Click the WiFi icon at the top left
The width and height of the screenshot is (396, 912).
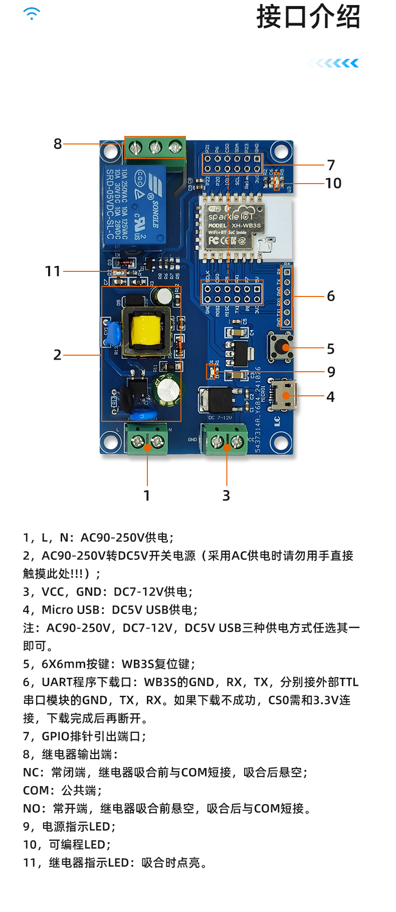click(x=32, y=14)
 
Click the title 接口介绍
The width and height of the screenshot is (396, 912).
click(x=308, y=17)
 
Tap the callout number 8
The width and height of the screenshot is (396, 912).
click(x=58, y=144)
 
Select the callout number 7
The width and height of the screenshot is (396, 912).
click(x=331, y=165)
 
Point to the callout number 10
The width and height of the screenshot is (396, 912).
click(x=333, y=184)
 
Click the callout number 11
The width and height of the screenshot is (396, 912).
click(x=53, y=271)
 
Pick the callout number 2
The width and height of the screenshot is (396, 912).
click(x=58, y=355)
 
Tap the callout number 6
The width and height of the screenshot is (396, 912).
click(x=331, y=296)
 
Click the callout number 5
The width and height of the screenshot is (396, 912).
click(x=331, y=349)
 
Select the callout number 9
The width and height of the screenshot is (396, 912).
click(x=331, y=372)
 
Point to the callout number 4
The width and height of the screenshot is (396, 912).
click(x=331, y=397)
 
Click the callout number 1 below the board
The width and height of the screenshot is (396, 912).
click(x=147, y=496)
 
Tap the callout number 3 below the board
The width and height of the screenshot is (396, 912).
click(x=226, y=496)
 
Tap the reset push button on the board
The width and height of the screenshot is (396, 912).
click(x=281, y=346)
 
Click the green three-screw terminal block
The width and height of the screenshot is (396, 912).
click(x=155, y=147)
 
